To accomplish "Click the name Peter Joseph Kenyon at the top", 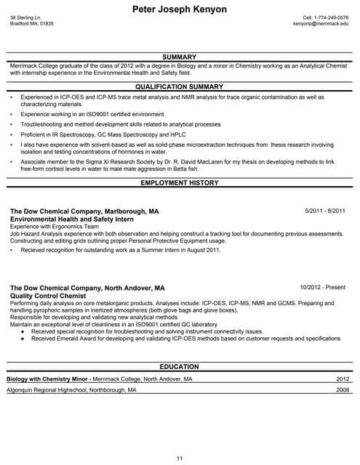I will tap(180, 9).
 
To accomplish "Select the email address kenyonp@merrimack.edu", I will tap(321, 23).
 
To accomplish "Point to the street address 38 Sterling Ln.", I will tap(25, 17).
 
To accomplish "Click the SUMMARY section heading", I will tap(179, 57).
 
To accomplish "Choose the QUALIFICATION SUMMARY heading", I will tap(179, 86).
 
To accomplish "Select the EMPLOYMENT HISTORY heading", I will tap(179, 183).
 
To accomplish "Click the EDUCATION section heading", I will tap(179, 367).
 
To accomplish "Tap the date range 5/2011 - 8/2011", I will tap(325, 211).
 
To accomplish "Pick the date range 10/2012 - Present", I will tap(322, 288).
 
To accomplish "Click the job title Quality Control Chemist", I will tap(48, 296).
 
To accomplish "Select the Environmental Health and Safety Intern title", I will tap(72, 219).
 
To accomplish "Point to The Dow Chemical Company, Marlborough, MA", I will tap(84, 211).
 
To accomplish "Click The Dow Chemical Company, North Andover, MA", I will tap(87, 288).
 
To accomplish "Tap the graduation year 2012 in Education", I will tap(343, 379).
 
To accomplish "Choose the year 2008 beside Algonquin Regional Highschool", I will tap(343, 390).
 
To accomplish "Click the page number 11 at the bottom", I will tap(180, 458).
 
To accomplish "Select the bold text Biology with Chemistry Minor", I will tap(48, 379).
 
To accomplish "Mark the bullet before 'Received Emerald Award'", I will tap(23, 339).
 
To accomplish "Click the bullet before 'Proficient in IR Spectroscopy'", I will tap(12, 134).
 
